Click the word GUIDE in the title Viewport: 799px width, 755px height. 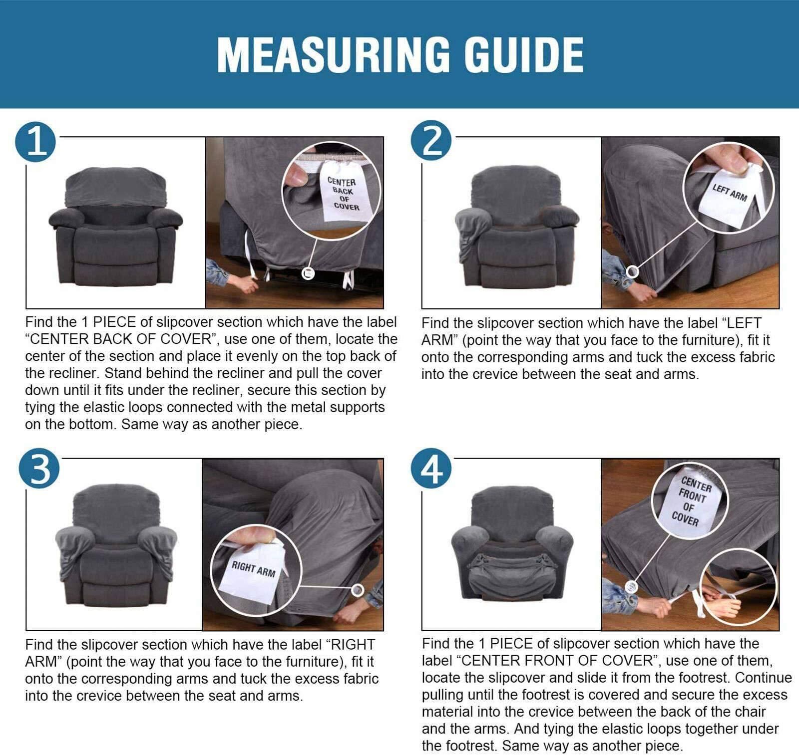(524, 54)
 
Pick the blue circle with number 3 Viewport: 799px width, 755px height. (39, 469)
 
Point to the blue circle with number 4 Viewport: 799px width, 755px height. (431, 469)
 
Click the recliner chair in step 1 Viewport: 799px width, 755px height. (116, 227)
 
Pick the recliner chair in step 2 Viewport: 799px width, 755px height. (516, 227)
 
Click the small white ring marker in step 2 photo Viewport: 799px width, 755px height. (632, 272)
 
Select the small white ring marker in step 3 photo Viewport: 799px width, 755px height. (357, 590)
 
